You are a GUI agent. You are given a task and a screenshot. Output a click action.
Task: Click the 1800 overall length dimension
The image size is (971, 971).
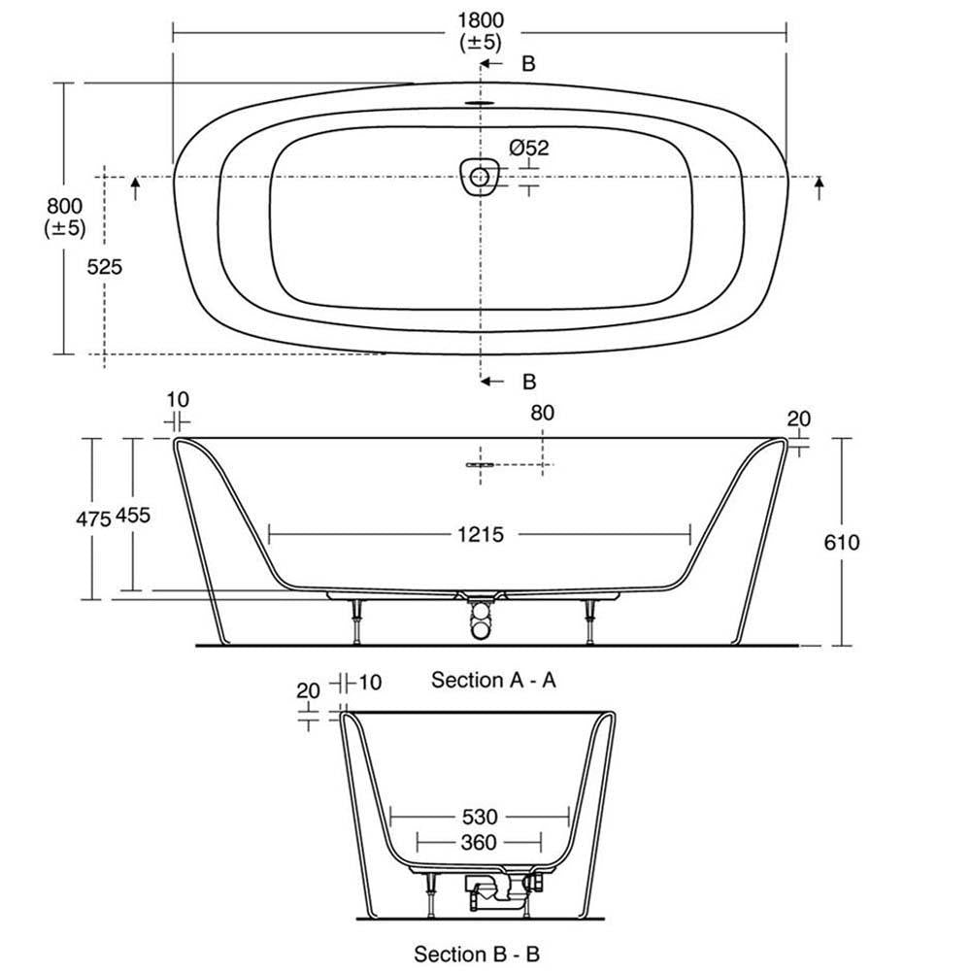click(x=481, y=20)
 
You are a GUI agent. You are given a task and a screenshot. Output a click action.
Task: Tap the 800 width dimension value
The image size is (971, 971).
click(x=64, y=206)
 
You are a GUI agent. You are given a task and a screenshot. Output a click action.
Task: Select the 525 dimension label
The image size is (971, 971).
click(x=104, y=267)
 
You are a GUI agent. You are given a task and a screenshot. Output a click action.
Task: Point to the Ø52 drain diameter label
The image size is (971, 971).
click(x=529, y=148)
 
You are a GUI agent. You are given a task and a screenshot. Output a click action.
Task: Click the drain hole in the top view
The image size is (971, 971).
click(x=480, y=177)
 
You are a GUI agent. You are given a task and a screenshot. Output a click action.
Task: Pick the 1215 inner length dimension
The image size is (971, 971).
click(x=481, y=534)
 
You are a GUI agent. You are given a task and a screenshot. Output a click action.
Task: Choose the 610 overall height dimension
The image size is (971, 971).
click(x=842, y=543)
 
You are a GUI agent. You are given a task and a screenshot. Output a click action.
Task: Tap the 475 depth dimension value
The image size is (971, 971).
click(x=93, y=519)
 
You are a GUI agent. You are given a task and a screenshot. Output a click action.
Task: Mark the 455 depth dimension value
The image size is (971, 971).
click(x=133, y=516)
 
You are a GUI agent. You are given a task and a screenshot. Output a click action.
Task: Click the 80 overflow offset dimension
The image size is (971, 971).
click(x=543, y=413)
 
